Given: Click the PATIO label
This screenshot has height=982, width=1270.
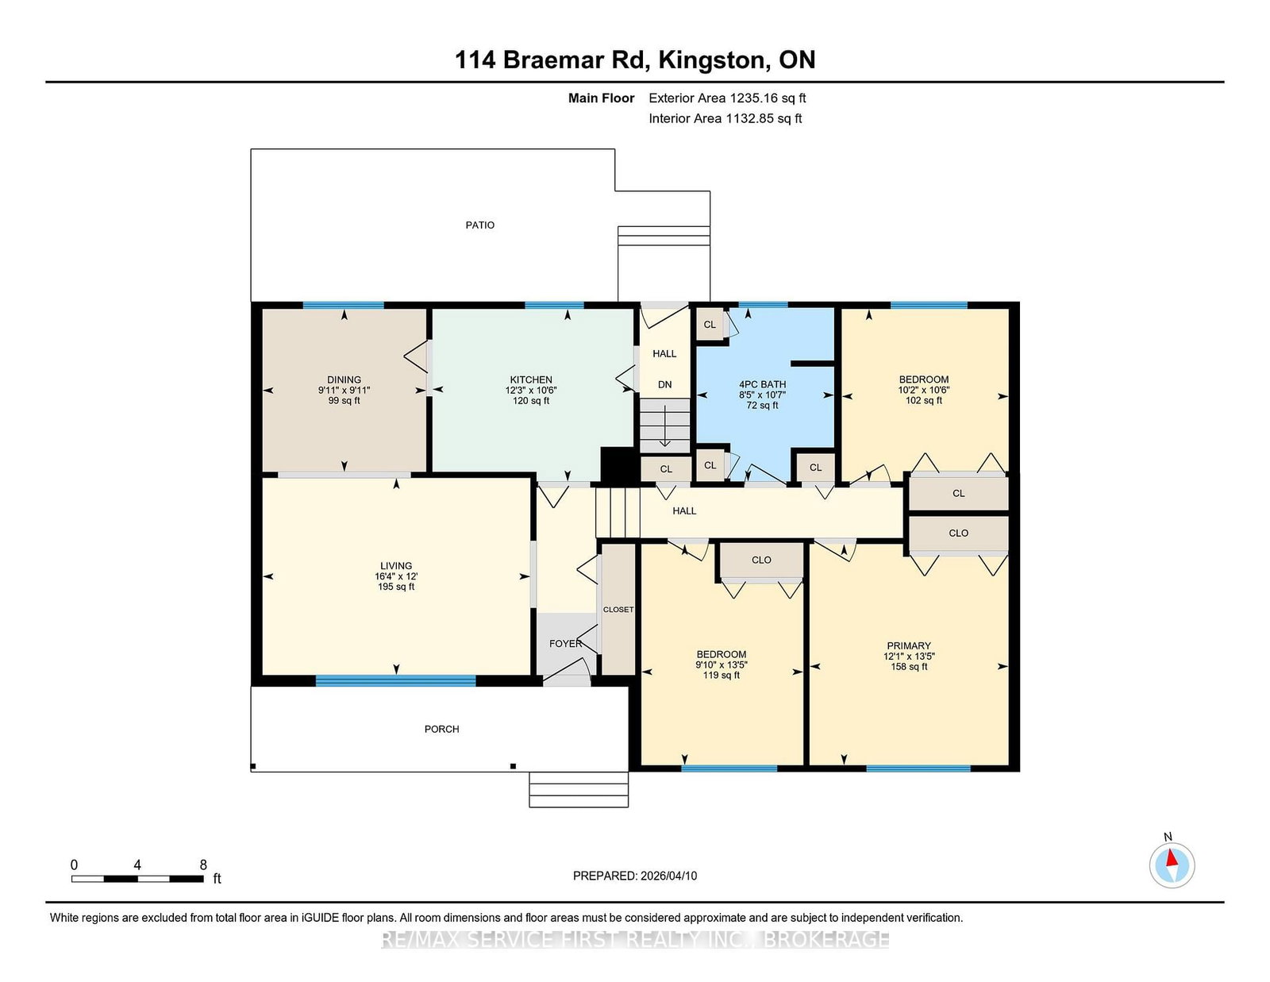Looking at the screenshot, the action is [480, 225].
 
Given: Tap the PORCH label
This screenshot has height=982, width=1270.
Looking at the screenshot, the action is [442, 729].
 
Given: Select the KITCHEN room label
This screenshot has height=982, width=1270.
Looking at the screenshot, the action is [531, 379].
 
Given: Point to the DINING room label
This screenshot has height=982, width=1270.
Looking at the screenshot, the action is [344, 379].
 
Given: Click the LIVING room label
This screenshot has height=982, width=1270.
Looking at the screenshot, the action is [396, 565].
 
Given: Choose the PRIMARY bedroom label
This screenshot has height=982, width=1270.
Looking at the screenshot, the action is [909, 645].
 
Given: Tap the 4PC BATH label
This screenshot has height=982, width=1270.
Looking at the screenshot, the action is [762, 384].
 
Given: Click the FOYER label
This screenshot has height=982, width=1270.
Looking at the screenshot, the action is [565, 644].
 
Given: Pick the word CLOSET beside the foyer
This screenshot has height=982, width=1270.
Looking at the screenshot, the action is [618, 609].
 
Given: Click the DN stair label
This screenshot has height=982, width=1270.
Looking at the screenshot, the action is [664, 384].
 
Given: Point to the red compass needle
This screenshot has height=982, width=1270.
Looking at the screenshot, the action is [1172, 858].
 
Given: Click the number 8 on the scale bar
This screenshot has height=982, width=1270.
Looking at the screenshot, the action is [203, 865].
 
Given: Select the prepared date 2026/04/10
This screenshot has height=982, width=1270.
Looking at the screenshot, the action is [668, 876].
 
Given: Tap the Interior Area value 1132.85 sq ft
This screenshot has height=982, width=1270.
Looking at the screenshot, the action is [764, 118].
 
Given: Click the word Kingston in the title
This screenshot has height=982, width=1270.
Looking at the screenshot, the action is [713, 60].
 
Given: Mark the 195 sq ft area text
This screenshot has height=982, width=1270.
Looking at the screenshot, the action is [396, 587].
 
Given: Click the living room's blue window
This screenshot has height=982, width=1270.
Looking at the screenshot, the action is [395, 680].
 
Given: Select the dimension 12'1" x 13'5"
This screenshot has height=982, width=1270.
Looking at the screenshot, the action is [909, 656].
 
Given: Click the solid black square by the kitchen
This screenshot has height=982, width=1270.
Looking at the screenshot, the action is [618, 466].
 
